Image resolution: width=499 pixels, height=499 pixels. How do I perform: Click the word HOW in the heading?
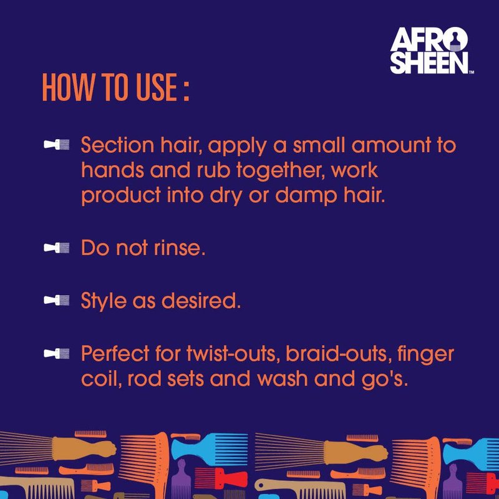tap(69, 87)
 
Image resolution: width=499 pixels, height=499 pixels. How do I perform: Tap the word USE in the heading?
tap(157, 87)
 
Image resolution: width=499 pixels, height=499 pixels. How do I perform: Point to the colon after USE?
tap(186, 90)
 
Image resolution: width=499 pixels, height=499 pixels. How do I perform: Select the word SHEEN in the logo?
tap(429, 63)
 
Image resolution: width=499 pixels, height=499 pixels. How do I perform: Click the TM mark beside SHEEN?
tap(472, 72)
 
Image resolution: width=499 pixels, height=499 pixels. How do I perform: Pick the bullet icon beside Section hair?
tap(56, 145)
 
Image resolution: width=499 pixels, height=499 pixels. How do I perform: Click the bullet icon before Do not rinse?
tap(56, 248)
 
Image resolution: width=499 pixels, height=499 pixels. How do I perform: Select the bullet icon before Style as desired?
tap(56, 300)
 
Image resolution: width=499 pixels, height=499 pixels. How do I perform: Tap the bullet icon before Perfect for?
tap(56, 353)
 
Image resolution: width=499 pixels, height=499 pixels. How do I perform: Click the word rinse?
tap(179, 248)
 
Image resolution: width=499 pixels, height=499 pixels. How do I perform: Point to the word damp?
tap(306, 196)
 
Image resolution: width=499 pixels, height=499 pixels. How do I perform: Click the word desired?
tap(201, 301)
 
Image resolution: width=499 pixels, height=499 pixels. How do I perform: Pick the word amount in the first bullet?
tap(391, 146)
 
